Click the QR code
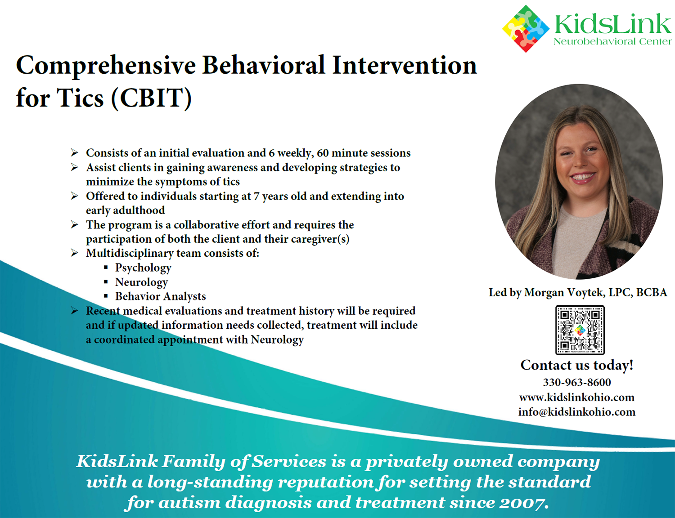point(580,330)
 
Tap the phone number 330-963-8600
point(577,382)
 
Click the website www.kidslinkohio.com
point(576,397)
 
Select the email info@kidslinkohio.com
point(576,412)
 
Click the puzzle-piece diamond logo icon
point(526,29)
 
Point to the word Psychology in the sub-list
point(143,268)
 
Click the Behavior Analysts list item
point(160,296)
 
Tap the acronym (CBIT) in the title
point(151,98)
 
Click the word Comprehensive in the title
point(106,67)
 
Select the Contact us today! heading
point(576,365)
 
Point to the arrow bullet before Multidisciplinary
point(74,253)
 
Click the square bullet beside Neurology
point(106,282)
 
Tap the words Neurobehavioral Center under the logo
point(612,41)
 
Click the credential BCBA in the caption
point(652,293)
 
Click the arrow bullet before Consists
point(74,153)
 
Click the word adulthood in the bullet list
point(139,210)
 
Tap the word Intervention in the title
point(404,66)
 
